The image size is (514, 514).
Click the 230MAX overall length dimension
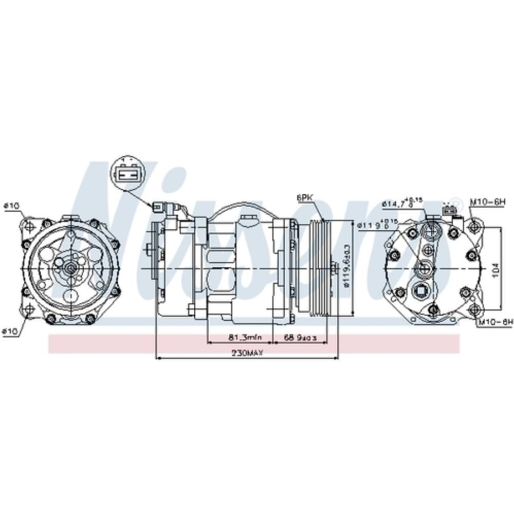247,353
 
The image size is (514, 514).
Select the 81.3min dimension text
245,337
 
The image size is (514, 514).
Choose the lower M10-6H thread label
495,322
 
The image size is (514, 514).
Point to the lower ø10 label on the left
11,332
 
